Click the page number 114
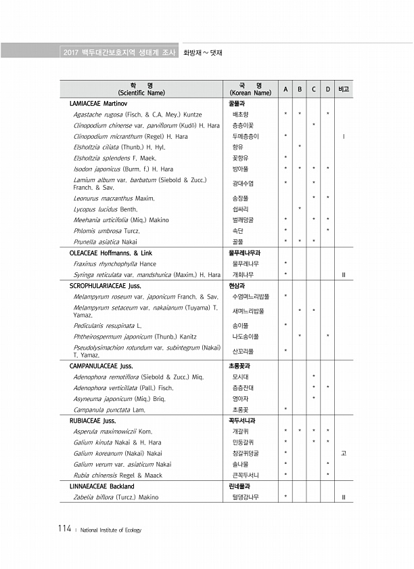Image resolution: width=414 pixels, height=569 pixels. pos(64,529)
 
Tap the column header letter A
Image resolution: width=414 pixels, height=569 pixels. pos(285,89)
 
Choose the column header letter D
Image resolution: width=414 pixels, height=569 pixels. pos(327,89)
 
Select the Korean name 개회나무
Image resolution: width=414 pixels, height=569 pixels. pos(240,274)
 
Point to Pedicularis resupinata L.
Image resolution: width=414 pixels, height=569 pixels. pos(107,325)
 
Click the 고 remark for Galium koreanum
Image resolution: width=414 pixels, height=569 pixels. pos(344,452)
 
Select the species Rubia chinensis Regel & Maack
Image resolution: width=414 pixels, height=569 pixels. pos(118,475)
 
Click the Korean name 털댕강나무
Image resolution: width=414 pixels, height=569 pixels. pos(245,497)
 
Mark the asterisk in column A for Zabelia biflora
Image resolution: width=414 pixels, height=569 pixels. pos(285,497)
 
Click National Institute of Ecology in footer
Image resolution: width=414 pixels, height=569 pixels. pos(110,530)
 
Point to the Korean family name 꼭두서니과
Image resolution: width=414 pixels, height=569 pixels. pos(241,420)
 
